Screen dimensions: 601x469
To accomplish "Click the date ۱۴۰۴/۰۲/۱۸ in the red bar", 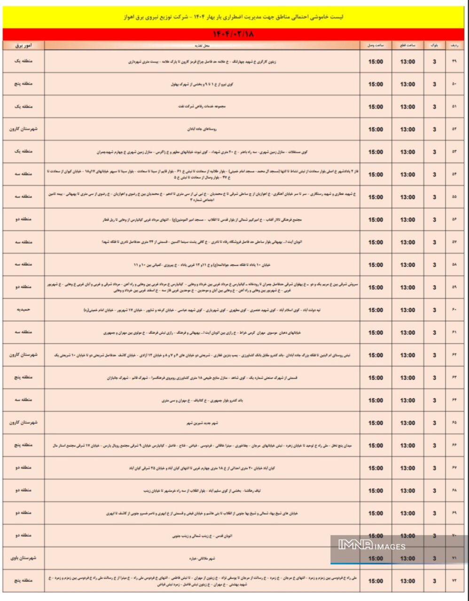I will coord(234,35).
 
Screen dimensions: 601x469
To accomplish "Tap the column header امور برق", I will coord(23,46).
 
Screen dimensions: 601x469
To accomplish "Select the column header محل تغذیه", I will coord(202,46).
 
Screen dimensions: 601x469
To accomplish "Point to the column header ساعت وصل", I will coord(375,46).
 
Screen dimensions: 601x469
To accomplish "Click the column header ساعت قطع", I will coord(407,46).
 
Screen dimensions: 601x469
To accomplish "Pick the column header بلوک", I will coord(434,46).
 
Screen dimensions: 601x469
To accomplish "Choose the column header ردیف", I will coord(454,46).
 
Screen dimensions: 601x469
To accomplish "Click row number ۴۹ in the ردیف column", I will coord(454,62).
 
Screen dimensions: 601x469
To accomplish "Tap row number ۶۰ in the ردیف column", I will coord(454,310).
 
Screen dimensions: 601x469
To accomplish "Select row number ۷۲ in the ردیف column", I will coord(454,581).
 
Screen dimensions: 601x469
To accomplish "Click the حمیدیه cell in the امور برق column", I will coord(23,310).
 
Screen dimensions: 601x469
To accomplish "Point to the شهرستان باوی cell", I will coord(23,558).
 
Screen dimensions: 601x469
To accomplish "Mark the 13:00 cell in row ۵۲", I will coord(407,129).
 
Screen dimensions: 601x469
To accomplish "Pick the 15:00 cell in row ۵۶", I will coord(375,220).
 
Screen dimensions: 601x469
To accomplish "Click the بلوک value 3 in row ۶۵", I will coord(434,423).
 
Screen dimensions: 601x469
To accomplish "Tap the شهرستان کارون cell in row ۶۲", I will coord(23,355).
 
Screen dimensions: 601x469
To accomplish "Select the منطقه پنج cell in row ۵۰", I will coord(23,84).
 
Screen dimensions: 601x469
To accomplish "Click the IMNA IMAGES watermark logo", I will coord(371,545).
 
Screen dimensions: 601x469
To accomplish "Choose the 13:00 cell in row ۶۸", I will coord(407,491).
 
